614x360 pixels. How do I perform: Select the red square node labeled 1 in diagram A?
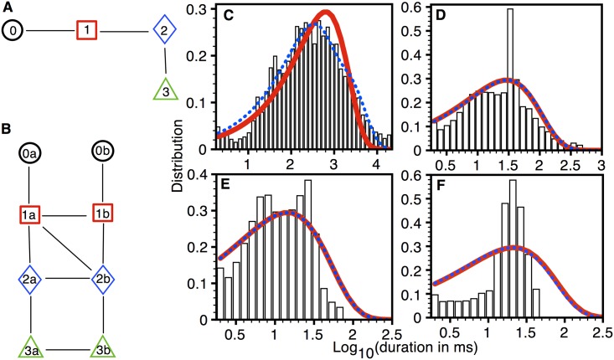pyautogui.click(x=88, y=31)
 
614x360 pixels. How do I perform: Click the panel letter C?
pyautogui.click(x=227, y=17)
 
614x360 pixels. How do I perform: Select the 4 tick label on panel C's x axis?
pyautogui.click(x=367, y=166)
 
